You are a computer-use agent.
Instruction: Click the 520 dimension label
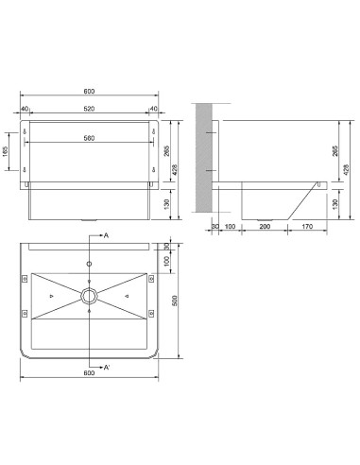tap(89, 109)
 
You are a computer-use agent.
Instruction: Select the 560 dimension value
tap(89, 138)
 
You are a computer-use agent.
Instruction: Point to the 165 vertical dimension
tap(6, 151)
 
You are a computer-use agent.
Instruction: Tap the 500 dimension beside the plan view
tap(175, 301)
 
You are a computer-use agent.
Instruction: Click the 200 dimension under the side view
tap(265, 226)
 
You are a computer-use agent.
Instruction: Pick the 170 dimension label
tap(307, 226)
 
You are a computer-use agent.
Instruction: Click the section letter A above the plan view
tap(106, 235)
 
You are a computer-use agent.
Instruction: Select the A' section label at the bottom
tap(107, 368)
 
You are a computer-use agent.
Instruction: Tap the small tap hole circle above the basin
tap(90, 264)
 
